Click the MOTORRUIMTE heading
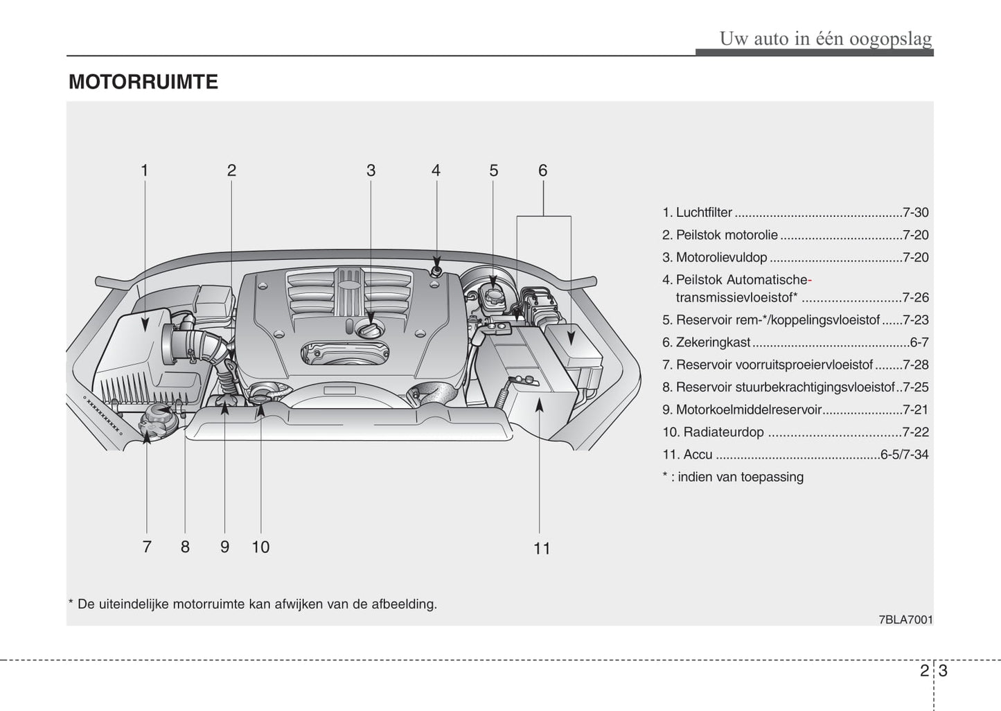pyautogui.click(x=143, y=82)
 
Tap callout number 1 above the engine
pyautogui.click(x=144, y=170)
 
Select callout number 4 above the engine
pyautogui.click(x=436, y=170)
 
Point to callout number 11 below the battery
pyautogui.click(x=542, y=549)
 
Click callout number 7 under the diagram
pyautogui.click(x=147, y=547)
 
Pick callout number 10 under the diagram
pyautogui.click(x=260, y=547)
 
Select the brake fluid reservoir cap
pyautogui.click(x=493, y=295)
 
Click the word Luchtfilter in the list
pyautogui.click(x=704, y=213)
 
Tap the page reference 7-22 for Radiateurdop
pyautogui.click(x=915, y=432)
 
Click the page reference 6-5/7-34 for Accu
pyautogui.click(x=904, y=455)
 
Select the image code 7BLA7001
pyautogui.click(x=905, y=620)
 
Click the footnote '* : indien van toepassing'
pyautogui.click(x=733, y=477)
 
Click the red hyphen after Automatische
pyautogui.click(x=810, y=281)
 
